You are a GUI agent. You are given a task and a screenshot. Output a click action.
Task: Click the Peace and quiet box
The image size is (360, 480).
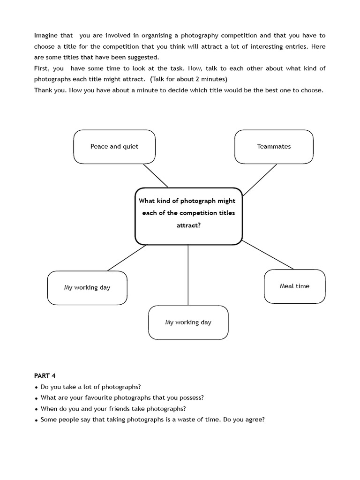(x=114, y=147)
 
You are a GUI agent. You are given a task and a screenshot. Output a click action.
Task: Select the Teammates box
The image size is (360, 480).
(x=274, y=147)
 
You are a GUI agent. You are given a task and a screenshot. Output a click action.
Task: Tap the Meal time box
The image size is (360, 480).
(x=294, y=286)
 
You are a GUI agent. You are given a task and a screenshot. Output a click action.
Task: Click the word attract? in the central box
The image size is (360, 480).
(x=188, y=225)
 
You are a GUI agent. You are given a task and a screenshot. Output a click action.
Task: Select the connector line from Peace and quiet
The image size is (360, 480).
(x=156, y=176)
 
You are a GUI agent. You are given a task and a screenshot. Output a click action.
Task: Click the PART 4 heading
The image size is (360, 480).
(x=45, y=375)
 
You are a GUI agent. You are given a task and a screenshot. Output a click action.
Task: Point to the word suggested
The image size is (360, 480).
(x=144, y=57)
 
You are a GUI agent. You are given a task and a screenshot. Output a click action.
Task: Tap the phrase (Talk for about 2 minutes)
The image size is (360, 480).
(x=189, y=79)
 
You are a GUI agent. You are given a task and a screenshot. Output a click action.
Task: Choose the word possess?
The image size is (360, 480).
(x=190, y=397)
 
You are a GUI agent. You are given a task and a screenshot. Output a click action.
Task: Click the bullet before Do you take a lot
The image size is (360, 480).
(x=36, y=387)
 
